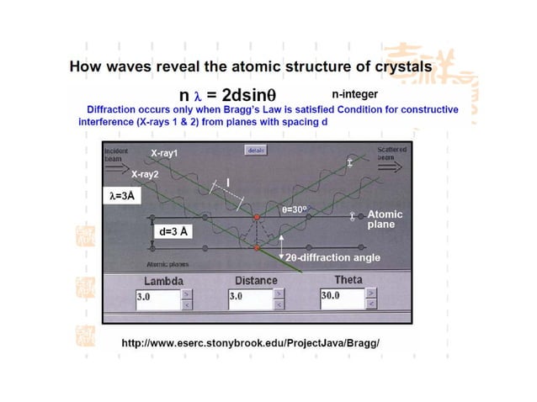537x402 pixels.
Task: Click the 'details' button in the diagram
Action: click(x=255, y=150)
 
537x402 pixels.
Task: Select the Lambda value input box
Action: click(x=156, y=297)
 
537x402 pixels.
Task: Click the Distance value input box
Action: click(x=248, y=297)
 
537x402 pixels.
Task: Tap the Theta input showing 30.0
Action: click(x=341, y=296)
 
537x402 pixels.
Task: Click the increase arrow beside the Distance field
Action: click(x=279, y=293)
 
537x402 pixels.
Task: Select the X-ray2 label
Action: click(x=145, y=173)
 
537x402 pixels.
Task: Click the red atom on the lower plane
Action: click(x=258, y=248)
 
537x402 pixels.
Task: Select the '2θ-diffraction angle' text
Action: click(x=332, y=257)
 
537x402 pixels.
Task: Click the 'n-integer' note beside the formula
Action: click(x=354, y=95)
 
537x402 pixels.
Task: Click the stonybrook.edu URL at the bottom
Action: click(x=251, y=343)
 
